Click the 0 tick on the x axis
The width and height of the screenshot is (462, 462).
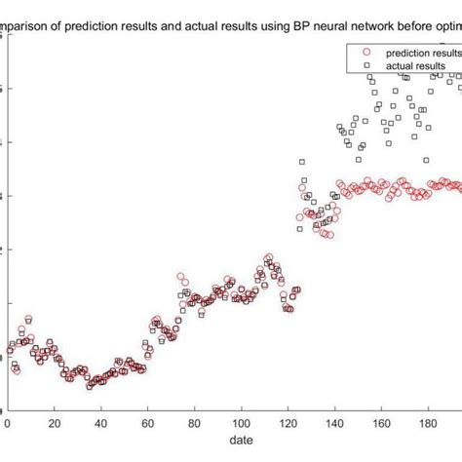8,424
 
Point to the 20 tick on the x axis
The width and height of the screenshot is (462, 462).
55,424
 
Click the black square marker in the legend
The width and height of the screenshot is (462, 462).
366,66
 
